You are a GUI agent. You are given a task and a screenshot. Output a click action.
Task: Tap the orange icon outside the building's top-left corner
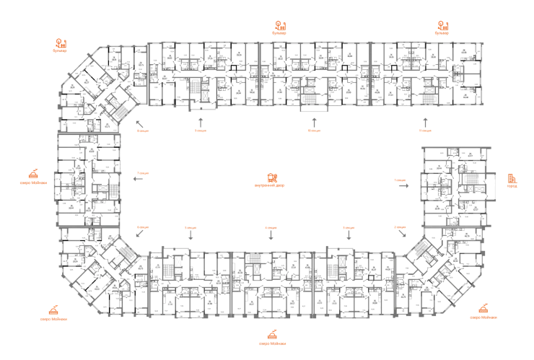(x=61, y=45)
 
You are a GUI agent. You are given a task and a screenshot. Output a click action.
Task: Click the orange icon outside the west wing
(x=34, y=174)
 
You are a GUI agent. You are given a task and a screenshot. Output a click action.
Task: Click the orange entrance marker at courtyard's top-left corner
(x=142, y=131)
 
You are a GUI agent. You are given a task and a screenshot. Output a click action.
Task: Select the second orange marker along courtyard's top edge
(x=199, y=131)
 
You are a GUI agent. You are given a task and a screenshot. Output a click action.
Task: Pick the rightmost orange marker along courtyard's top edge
(x=424, y=131)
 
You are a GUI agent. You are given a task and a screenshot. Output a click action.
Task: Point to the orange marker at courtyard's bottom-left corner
(x=142, y=227)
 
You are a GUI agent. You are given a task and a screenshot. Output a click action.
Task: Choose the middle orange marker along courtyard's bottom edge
(x=270, y=227)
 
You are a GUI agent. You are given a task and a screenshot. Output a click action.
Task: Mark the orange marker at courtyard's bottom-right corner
(x=400, y=227)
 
